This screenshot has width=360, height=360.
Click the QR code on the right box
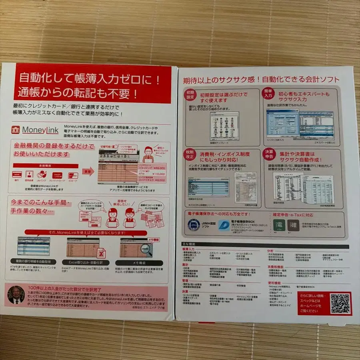point(340,304)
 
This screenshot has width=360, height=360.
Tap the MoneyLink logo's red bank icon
point(16,130)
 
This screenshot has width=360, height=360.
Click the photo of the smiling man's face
point(16,295)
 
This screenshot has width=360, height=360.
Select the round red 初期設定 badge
point(190,96)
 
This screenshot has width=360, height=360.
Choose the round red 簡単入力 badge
point(268,94)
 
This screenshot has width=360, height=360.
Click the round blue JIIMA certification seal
point(194,225)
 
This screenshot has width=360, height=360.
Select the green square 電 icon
point(278,225)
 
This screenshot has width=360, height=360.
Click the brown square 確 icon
point(294,225)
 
